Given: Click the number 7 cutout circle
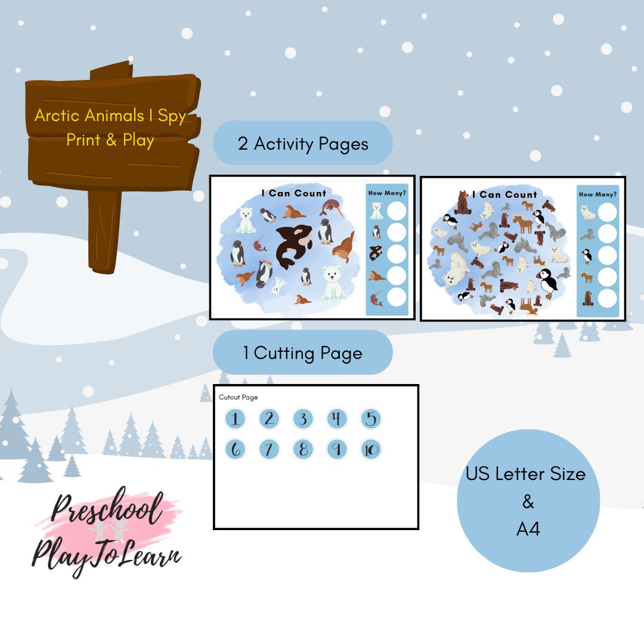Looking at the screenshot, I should [269, 449].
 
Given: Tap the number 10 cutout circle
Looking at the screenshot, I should [371, 449].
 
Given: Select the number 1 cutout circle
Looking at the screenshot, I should [235, 419].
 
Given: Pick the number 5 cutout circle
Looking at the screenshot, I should [371, 419].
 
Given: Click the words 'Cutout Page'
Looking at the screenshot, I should [238, 397].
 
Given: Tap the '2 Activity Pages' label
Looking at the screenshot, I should [303, 143].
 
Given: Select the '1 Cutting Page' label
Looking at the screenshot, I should [303, 352].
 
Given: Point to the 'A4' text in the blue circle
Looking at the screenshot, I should [528, 528].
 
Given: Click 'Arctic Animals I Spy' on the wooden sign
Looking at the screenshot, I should [110, 116].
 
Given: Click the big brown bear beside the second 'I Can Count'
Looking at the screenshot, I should [463, 203].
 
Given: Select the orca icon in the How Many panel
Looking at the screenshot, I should [376, 253].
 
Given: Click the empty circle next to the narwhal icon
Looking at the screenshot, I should [397, 296].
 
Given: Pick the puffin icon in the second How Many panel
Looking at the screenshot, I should [587, 255].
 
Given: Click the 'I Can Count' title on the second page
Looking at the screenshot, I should [504, 194].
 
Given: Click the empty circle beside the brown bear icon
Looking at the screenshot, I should [607, 298].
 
